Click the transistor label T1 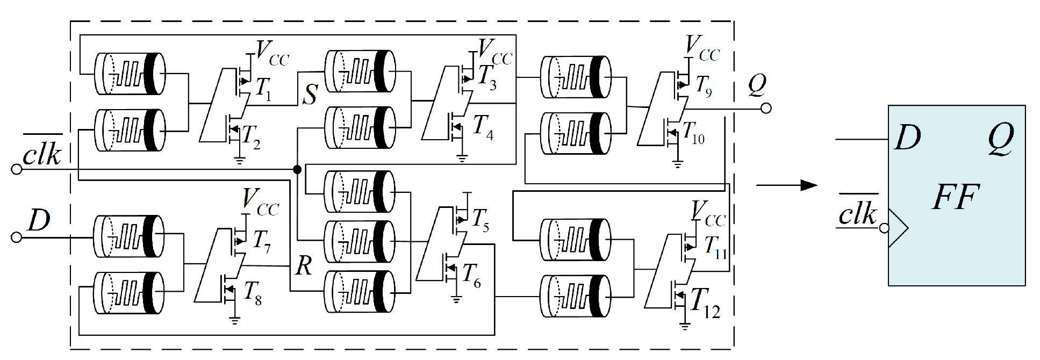[x=263, y=90]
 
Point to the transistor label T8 [x=253, y=293]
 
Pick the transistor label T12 [x=704, y=303]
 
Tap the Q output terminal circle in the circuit [x=766, y=109]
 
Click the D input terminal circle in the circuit [x=17, y=237]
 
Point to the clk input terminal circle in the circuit [x=17, y=170]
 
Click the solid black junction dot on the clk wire [x=297, y=170]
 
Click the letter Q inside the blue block [x=1001, y=139]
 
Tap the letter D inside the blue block [x=908, y=139]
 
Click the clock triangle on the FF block [x=898, y=228]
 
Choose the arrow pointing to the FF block [x=787, y=185]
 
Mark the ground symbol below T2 [x=239, y=160]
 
